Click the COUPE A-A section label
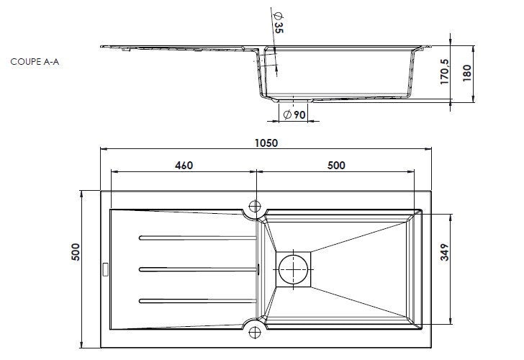[x=35, y=62]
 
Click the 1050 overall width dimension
[x=266, y=143]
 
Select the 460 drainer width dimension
[x=184, y=166]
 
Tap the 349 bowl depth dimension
[x=445, y=252]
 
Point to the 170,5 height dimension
[x=445, y=72]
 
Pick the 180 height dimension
[x=467, y=73]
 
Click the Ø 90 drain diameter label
[x=294, y=114]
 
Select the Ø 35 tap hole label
[x=279, y=23]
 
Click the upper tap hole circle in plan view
[x=255, y=206]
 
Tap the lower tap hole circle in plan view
[x=255, y=332]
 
